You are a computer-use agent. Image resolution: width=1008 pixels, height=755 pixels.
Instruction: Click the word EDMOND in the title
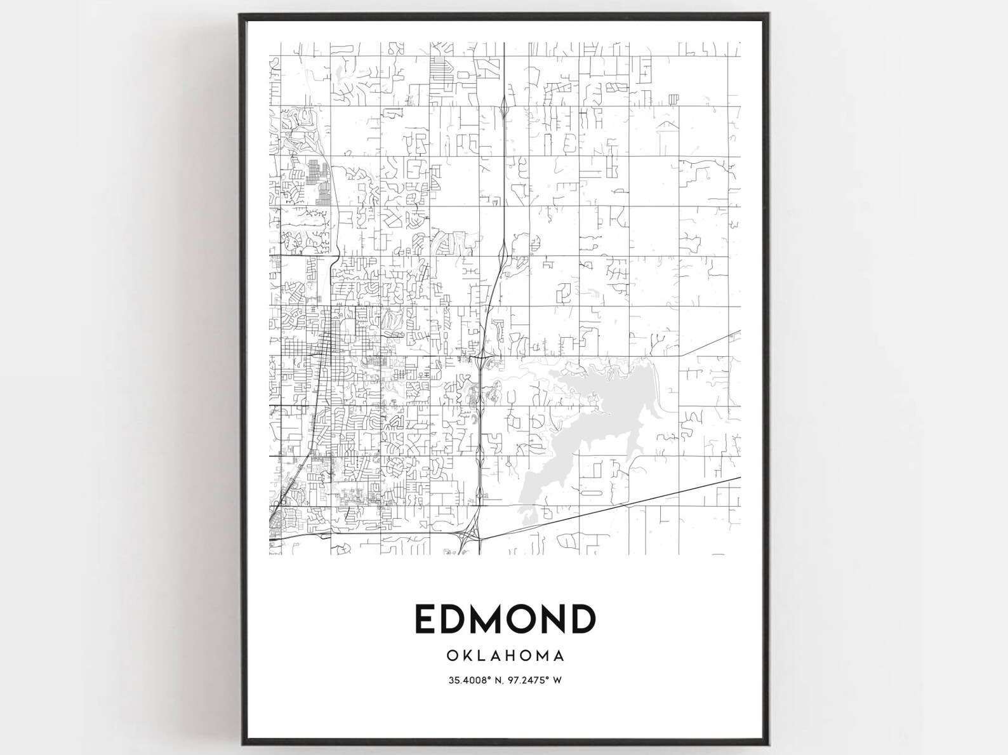(x=505, y=618)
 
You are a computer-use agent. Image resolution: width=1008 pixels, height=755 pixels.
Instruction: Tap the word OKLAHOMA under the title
(x=505, y=654)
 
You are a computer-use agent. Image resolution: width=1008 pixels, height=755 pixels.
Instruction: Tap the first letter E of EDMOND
(x=426, y=618)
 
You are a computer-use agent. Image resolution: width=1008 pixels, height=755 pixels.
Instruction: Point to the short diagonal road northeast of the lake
(x=711, y=343)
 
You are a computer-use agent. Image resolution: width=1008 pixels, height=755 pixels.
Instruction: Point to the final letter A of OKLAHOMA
(x=559, y=654)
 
